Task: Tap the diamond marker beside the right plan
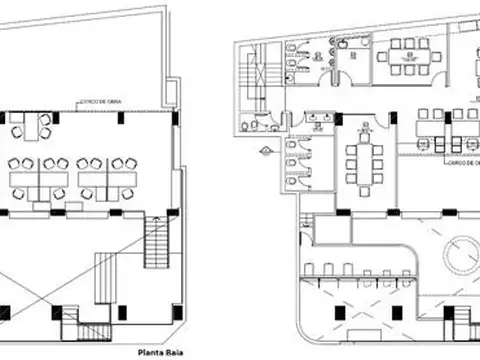(x=267, y=151)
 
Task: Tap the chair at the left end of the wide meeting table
(x=381, y=56)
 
